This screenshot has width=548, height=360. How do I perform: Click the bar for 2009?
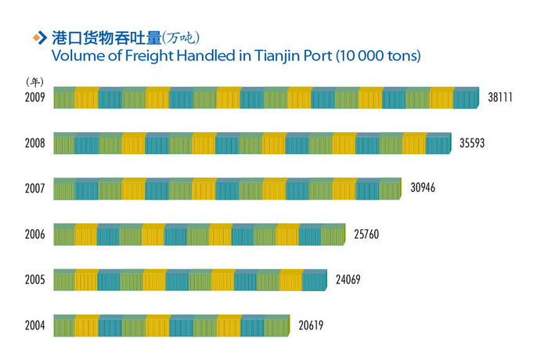(x=265, y=99)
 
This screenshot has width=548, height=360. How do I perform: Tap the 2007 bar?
(x=227, y=189)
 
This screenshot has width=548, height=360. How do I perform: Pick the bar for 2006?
(x=199, y=234)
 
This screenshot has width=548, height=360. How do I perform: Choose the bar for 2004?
(x=171, y=324)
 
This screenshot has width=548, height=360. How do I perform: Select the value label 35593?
(x=475, y=144)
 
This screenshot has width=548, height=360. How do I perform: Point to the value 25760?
(x=366, y=234)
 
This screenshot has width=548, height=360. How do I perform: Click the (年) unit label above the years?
(x=34, y=81)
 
